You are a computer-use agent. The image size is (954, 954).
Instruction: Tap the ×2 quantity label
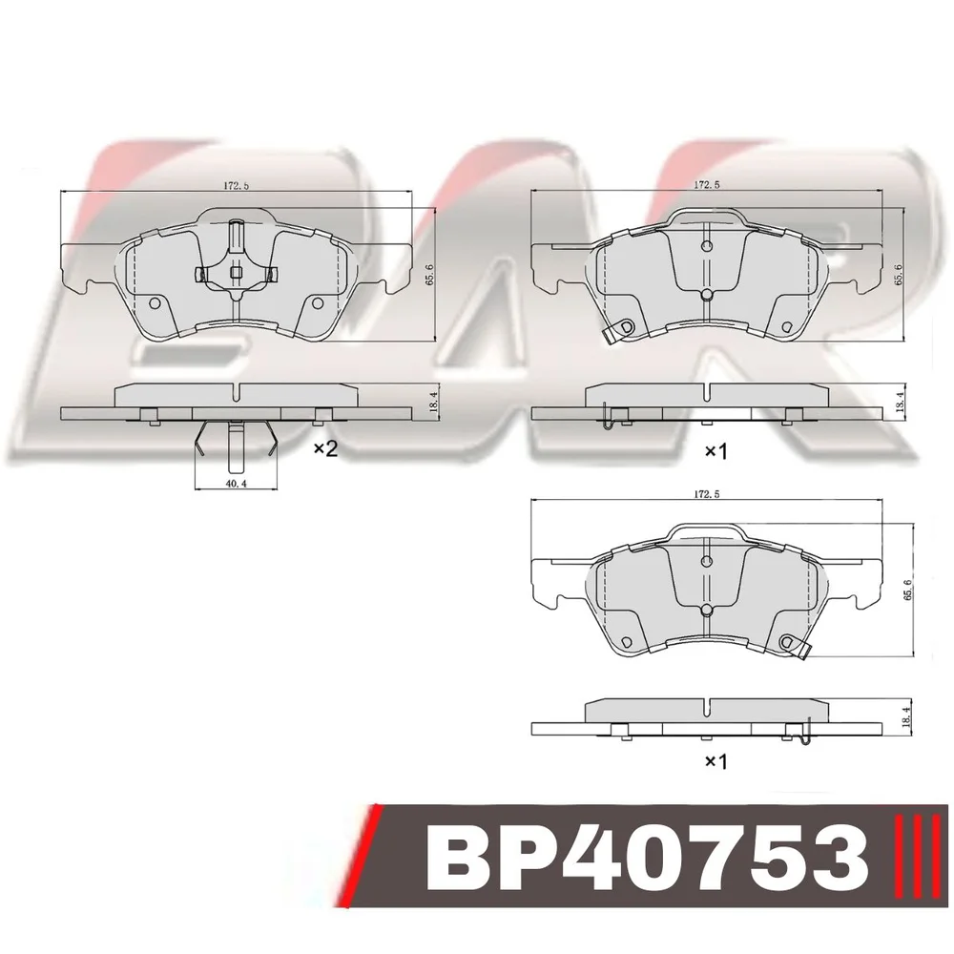325,449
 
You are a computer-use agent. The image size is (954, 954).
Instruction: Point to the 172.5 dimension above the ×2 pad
236,186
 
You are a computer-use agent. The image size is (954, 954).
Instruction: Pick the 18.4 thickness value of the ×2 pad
434,403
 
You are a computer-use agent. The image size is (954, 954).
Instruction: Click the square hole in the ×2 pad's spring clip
236,273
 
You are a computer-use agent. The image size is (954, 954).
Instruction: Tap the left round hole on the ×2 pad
155,303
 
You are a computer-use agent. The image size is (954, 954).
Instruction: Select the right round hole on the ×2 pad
317,303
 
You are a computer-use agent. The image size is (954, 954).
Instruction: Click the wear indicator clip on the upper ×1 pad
615,332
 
